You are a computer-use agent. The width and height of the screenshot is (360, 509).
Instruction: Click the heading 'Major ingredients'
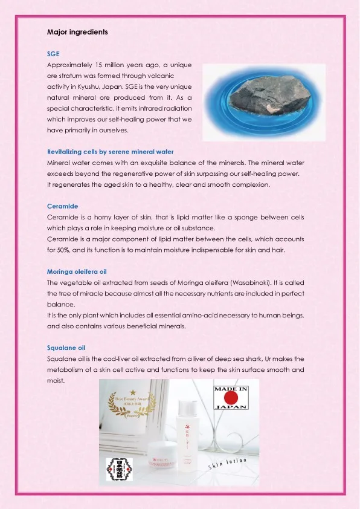coord(77,31)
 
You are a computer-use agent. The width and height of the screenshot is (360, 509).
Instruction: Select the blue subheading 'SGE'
coord(53,54)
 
